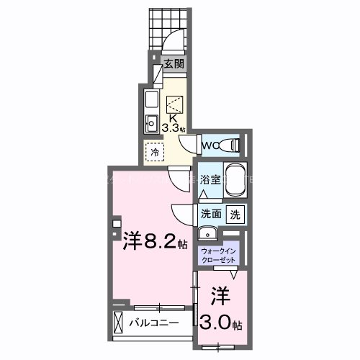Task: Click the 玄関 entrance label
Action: [173, 64]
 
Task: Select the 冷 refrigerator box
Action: [153, 152]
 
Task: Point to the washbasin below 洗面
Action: [208, 233]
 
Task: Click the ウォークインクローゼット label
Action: [219, 255]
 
